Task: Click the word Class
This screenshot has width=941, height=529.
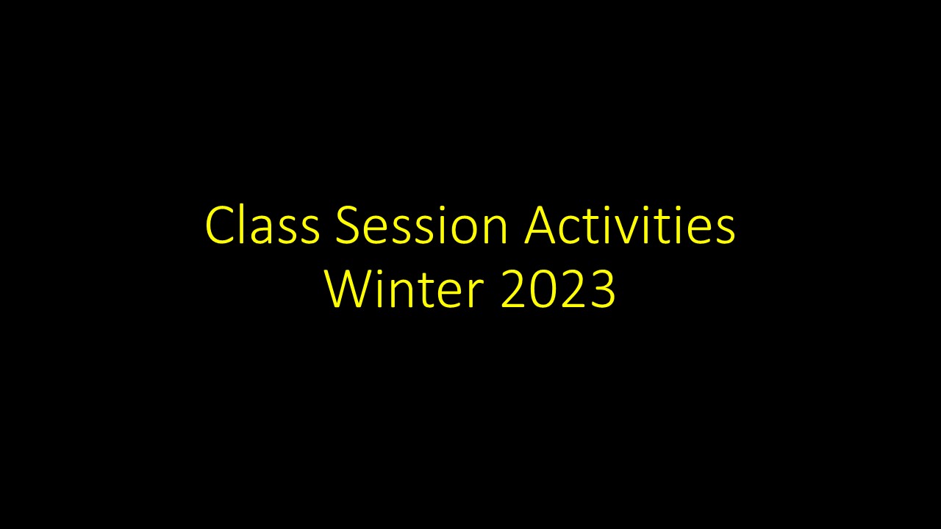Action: [262, 226]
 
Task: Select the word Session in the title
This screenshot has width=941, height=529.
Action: [421, 226]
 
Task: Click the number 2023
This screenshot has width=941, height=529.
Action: [558, 289]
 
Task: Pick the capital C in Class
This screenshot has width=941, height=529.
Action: [220, 226]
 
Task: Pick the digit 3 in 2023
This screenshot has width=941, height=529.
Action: [601, 289]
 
